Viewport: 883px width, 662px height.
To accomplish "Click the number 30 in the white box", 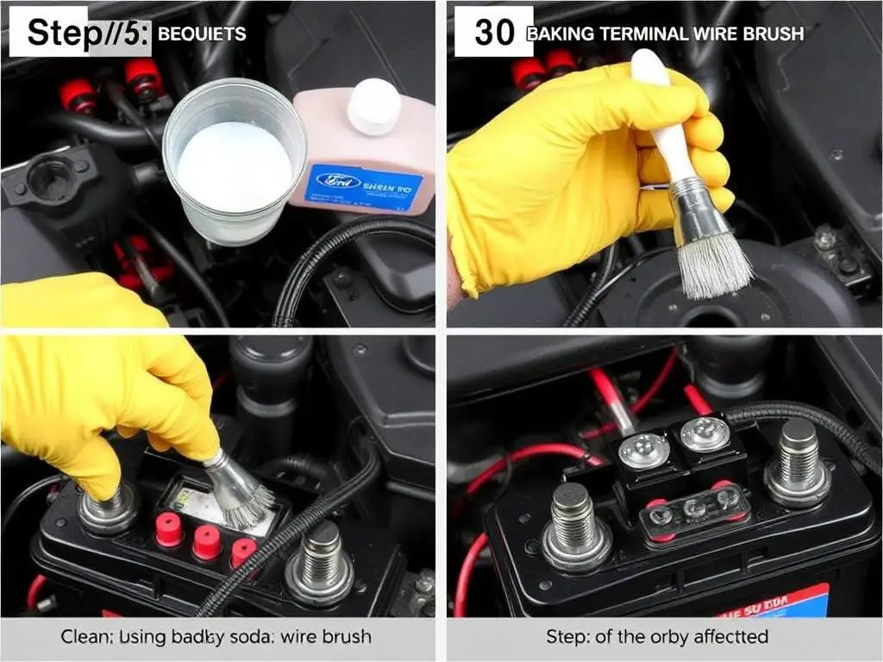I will [494, 33].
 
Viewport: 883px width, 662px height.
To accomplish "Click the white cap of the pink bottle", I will [374, 106].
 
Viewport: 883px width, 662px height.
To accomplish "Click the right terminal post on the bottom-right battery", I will [798, 465].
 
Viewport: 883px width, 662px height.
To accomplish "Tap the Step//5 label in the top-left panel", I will [78, 33].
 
